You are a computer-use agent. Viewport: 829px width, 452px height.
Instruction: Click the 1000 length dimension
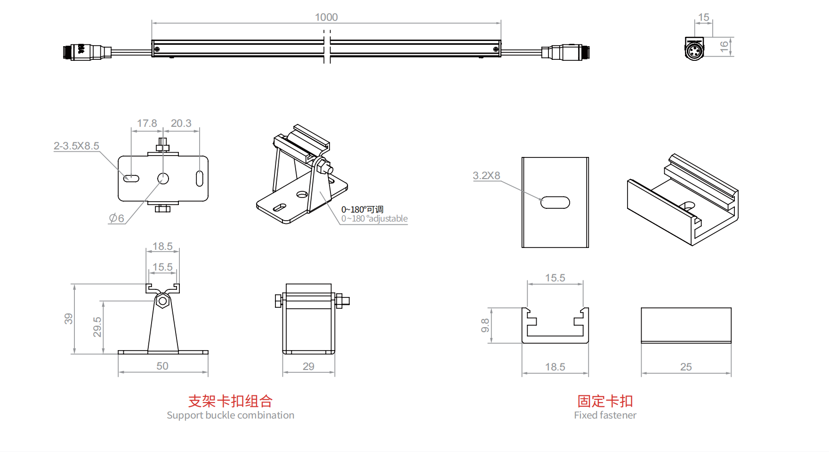pos(326,17)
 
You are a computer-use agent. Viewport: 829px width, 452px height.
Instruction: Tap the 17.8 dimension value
pos(147,123)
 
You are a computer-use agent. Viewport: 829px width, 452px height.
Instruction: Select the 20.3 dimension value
pos(181,123)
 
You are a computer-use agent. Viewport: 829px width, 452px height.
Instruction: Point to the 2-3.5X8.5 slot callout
pos(76,146)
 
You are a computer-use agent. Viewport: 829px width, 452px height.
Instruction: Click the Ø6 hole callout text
pos(117,218)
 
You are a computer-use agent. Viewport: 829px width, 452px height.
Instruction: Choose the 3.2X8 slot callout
pos(486,176)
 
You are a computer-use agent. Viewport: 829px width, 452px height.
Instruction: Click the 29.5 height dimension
pos(97,327)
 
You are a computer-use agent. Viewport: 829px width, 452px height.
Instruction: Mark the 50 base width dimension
pos(162,366)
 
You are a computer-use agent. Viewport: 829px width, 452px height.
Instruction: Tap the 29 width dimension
pos(308,367)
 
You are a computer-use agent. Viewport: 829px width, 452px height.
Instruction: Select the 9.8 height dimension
pos(485,325)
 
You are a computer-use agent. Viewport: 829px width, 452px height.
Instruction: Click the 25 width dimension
pos(686,367)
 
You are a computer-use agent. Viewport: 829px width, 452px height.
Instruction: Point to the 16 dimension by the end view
pos(724,46)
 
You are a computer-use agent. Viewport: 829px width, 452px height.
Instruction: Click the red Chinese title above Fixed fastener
pos(605,401)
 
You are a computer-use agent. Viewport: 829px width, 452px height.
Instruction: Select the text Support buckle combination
pos(230,415)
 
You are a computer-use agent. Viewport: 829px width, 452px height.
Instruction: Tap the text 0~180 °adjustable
pos(374,219)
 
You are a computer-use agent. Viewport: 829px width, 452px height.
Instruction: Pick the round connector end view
pos(694,50)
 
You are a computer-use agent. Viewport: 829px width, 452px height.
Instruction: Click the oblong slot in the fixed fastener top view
pos(555,202)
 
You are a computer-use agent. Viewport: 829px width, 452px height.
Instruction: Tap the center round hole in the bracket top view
pos(163,179)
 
